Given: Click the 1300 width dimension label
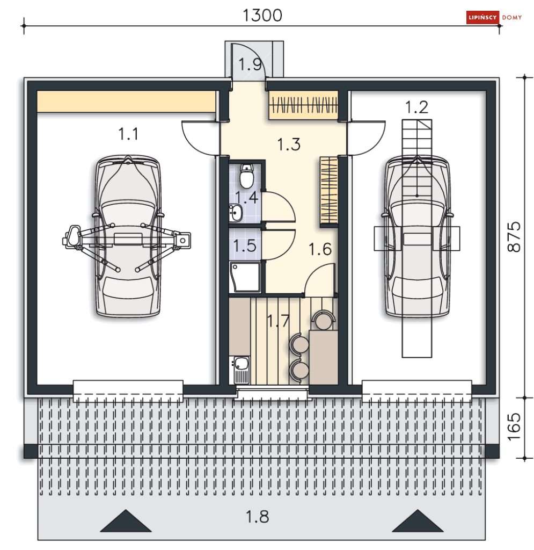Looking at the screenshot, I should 262,15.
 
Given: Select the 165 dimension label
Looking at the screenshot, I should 515,428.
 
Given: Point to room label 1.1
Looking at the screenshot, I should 128,134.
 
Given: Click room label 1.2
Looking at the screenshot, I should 416,107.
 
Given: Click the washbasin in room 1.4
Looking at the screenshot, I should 236,213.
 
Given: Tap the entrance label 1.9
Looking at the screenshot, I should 250,64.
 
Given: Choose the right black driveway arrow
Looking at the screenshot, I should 416,522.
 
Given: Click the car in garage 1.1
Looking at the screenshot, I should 128,236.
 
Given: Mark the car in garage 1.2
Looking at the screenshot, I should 417,236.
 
